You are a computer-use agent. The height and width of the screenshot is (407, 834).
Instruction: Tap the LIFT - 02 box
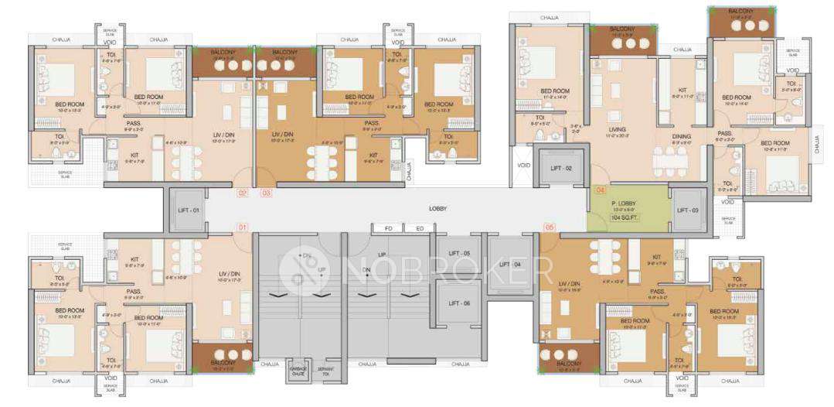pos(560,168)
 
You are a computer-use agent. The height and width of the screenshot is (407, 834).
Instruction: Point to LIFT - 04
pos(511,264)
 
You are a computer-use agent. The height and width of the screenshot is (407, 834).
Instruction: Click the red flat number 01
pos(242,227)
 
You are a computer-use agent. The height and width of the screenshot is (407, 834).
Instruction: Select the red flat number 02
pos(242,193)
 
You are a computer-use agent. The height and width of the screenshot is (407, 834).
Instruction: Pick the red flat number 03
pos(266,193)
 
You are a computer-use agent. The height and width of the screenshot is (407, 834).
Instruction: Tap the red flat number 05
pos(550,227)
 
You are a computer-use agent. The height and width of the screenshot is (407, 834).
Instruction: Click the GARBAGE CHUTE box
pos(297,370)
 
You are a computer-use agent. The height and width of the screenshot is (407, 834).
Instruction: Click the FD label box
pos(389,228)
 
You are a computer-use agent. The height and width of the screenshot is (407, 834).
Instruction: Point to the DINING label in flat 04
pos(681,137)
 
